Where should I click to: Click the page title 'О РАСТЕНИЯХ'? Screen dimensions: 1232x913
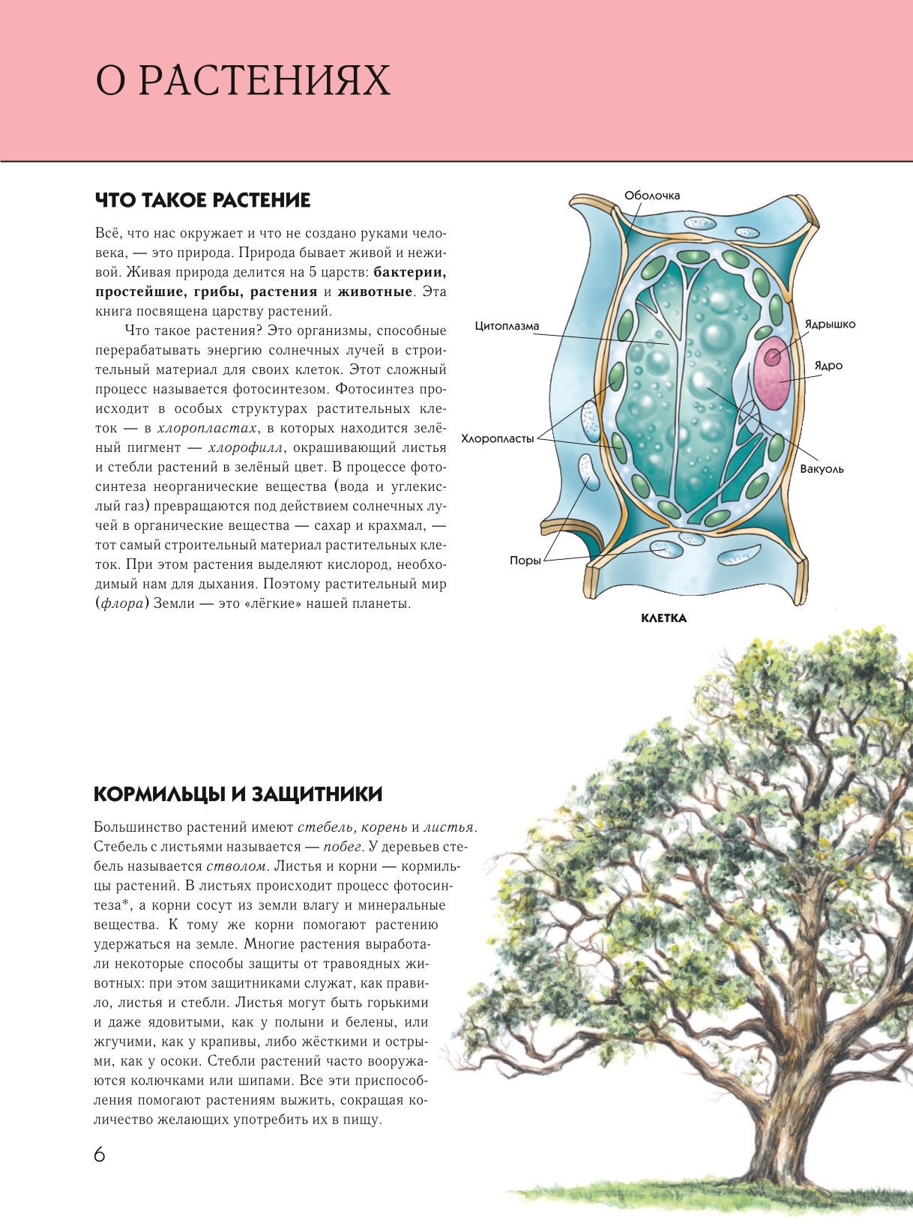click(x=243, y=81)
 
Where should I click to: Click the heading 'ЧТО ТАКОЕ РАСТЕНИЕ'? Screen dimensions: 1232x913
click(x=202, y=200)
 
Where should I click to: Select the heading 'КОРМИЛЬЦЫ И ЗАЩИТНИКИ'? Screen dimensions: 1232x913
click(x=238, y=794)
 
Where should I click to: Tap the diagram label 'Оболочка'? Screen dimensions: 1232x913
click(x=652, y=196)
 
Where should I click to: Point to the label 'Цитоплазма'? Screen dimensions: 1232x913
click(x=507, y=326)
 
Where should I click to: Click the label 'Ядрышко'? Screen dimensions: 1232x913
click(x=830, y=324)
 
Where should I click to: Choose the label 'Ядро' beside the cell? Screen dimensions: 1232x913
click(x=828, y=366)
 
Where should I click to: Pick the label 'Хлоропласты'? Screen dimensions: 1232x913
click(x=497, y=439)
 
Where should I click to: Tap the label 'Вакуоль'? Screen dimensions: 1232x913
click(x=822, y=469)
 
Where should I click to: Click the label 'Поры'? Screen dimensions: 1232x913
click(x=525, y=561)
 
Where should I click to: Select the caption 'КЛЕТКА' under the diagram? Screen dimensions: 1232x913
click(x=663, y=618)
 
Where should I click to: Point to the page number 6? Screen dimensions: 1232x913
click(x=100, y=1154)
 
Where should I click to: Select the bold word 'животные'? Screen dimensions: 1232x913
click(x=375, y=292)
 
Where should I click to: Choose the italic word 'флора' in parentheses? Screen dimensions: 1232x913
click(x=122, y=603)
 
